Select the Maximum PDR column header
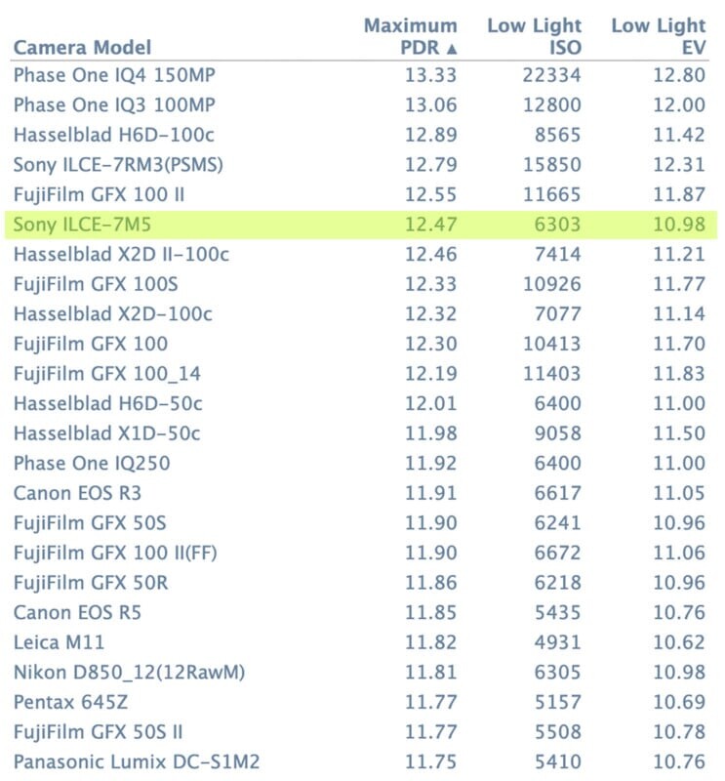tap(410, 36)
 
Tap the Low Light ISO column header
tap(534, 36)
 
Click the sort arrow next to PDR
tap(451, 48)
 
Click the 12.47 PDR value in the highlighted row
tap(430, 226)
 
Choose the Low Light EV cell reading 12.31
tap(679, 165)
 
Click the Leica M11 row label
tap(59, 641)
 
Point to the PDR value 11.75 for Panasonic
tap(430, 760)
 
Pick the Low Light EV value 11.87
tap(679, 195)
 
